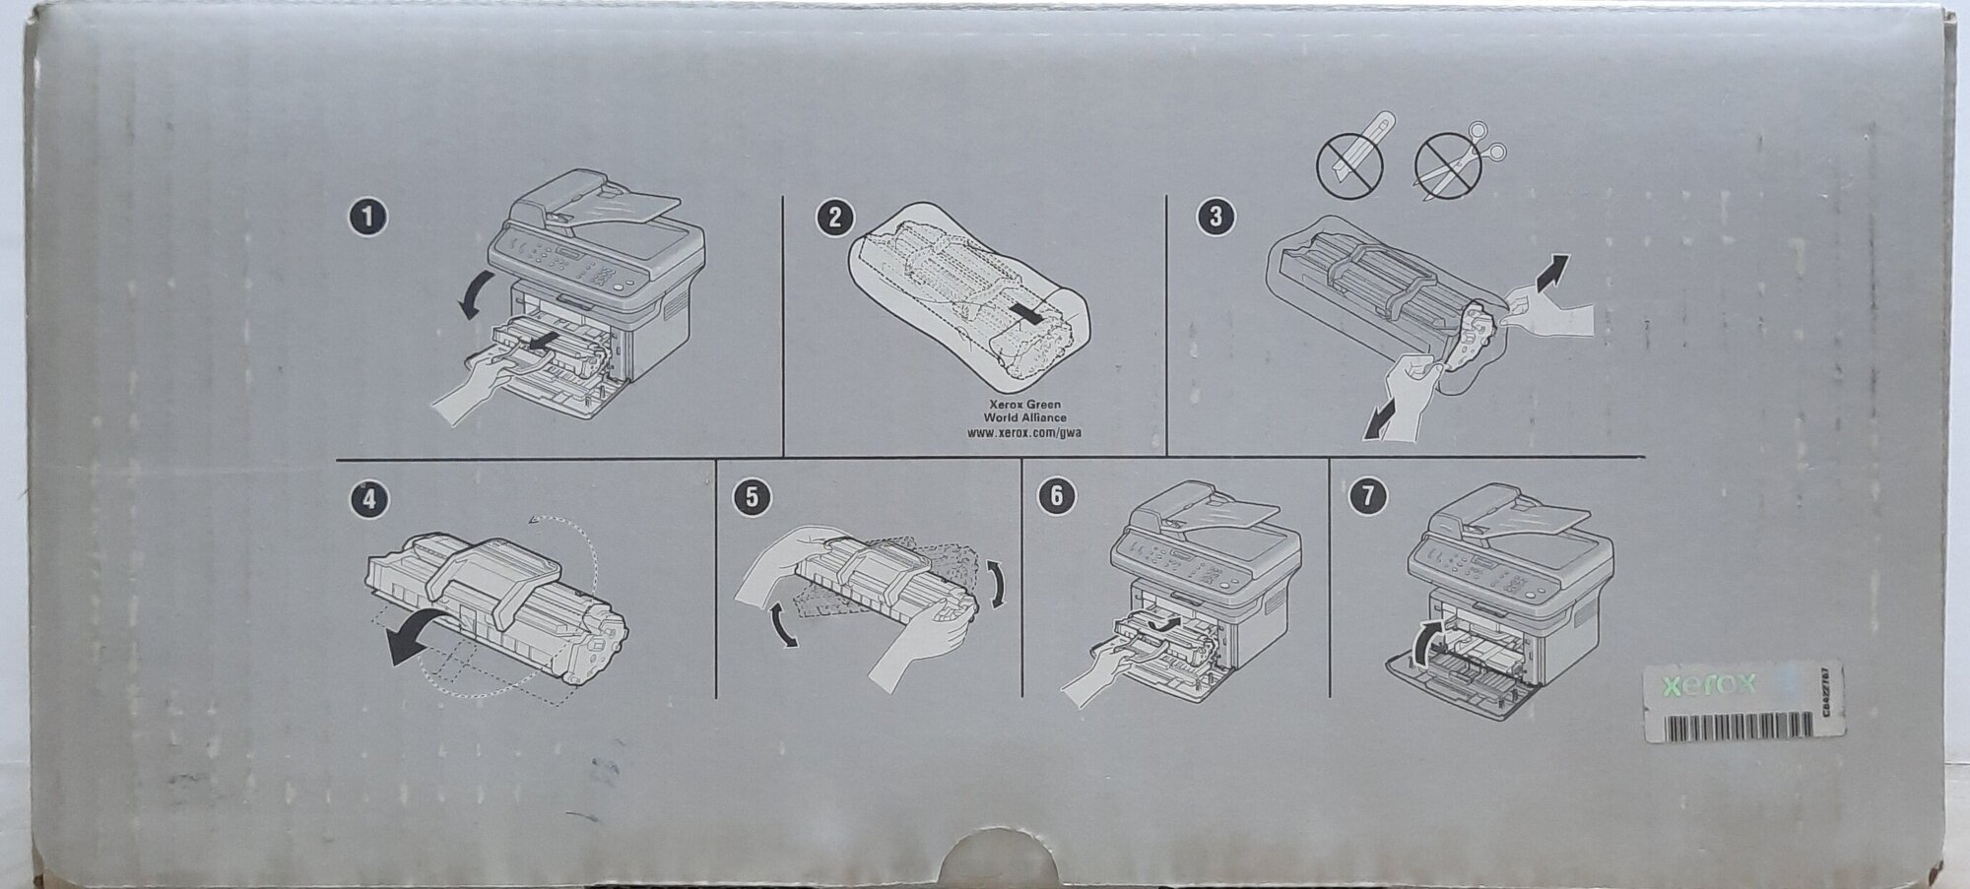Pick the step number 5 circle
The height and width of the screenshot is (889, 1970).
(x=752, y=498)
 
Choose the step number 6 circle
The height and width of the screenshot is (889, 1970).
(x=1057, y=498)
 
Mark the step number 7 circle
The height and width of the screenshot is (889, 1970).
(x=1365, y=498)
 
